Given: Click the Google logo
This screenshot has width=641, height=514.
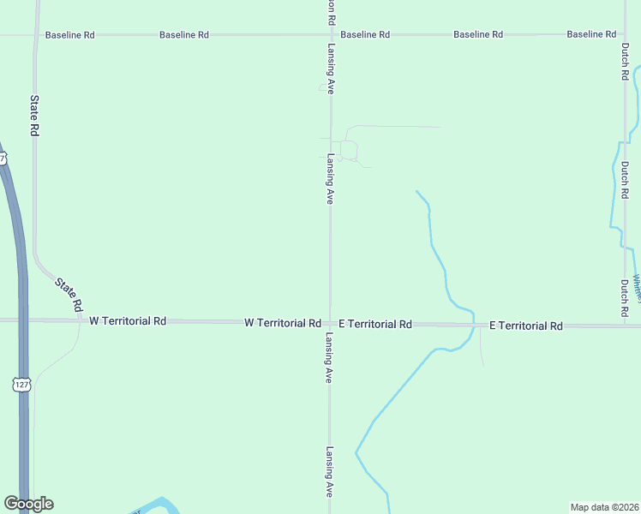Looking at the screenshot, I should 28,504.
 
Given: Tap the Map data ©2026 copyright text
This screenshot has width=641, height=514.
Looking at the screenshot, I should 604,507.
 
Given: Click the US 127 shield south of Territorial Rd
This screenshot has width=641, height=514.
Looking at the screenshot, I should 22,385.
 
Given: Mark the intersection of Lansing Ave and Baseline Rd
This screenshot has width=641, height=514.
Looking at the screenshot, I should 330,35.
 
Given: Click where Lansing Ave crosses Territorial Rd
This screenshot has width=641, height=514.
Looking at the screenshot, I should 330,322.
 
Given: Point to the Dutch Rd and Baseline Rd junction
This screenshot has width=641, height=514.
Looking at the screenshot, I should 624,35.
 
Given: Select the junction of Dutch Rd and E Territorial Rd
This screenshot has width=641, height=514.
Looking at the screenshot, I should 624,326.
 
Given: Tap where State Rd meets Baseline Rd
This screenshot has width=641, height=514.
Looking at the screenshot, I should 35,35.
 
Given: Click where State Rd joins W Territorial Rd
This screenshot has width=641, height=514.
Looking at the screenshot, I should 83,320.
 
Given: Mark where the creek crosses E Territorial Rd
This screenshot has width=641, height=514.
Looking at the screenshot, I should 474,325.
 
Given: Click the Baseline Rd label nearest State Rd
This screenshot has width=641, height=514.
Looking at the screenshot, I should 69,35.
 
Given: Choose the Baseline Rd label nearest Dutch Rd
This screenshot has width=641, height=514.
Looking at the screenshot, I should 591,34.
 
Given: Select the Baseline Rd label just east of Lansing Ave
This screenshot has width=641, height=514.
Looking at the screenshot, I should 365,34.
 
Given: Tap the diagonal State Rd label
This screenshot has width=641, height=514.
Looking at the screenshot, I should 68,294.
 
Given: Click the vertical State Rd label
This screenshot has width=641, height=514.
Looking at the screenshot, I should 35,116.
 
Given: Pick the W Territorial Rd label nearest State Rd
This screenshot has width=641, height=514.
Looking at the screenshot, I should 128,320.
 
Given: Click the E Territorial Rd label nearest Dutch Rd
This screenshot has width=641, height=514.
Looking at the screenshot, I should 526,326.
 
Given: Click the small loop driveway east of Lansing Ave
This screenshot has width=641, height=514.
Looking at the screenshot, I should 348,151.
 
